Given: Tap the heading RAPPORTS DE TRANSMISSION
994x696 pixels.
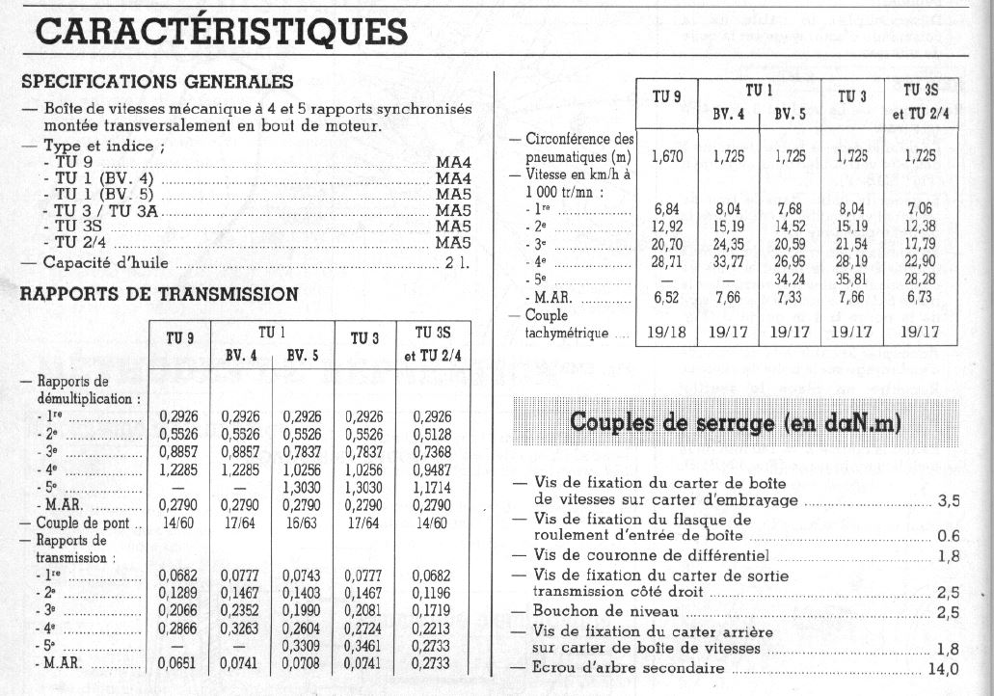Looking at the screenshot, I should coord(159,294).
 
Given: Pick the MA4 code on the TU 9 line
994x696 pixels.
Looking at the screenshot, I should coord(452,162).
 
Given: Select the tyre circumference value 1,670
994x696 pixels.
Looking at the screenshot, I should coord(667,156).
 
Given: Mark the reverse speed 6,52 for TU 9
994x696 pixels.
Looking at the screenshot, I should coord(667,298).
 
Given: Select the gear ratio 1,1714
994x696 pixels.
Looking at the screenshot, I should coord(432,489).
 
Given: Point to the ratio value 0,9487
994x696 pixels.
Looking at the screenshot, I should coord(432,471).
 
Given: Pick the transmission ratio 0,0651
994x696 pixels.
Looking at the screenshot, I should coord(179,663).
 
